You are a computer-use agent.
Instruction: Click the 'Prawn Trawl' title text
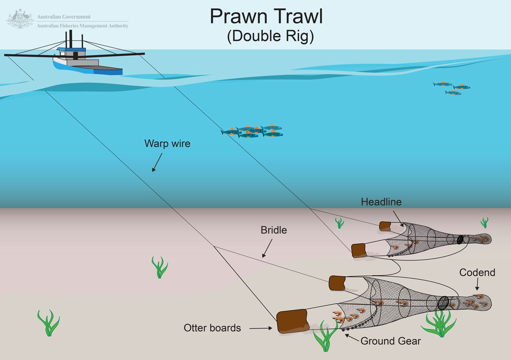click(267, 17)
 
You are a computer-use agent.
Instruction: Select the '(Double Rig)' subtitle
click(270, 37)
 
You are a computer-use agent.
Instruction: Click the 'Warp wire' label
click(167, 143)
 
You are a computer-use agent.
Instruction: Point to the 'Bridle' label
click(274, 230)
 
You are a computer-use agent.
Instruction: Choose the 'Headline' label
click(381, 202)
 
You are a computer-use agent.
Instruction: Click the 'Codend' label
click(477, 272)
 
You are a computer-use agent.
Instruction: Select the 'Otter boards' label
click(212, 328)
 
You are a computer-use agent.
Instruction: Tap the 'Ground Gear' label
click(390, 341)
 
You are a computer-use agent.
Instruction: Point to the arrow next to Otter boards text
click(261, 328)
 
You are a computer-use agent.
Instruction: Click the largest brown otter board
click(293, 321)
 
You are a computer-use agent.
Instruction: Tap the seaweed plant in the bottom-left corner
click(49, 323)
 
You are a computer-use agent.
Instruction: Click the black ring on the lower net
click(443, 303)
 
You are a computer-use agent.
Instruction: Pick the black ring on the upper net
click(460, 240)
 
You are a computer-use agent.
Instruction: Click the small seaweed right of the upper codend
click(484, 222)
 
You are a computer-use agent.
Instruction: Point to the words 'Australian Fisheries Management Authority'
click(83, 26)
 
